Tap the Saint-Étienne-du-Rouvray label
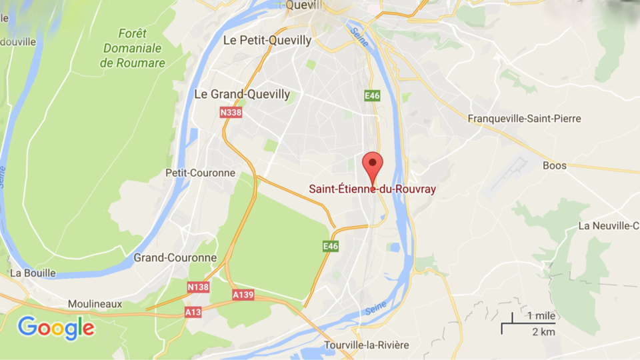pos(372,189)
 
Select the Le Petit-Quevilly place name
pos(267,41)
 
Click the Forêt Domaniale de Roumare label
pos(133,48)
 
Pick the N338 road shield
pos(230,113)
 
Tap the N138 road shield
pos(197,287)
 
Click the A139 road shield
pos(243,294)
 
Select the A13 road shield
pos(193,311)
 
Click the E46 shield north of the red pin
pos(372,96)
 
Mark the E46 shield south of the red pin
pos(331,246)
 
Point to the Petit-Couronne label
pos(200,173)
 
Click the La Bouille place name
pos(33,273)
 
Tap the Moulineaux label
pos(95,304)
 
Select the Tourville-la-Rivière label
pos(367,345)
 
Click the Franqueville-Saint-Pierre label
pos(524,119)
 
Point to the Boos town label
pos(555,165)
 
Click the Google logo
pos(56,328)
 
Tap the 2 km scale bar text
pos(543,332)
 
